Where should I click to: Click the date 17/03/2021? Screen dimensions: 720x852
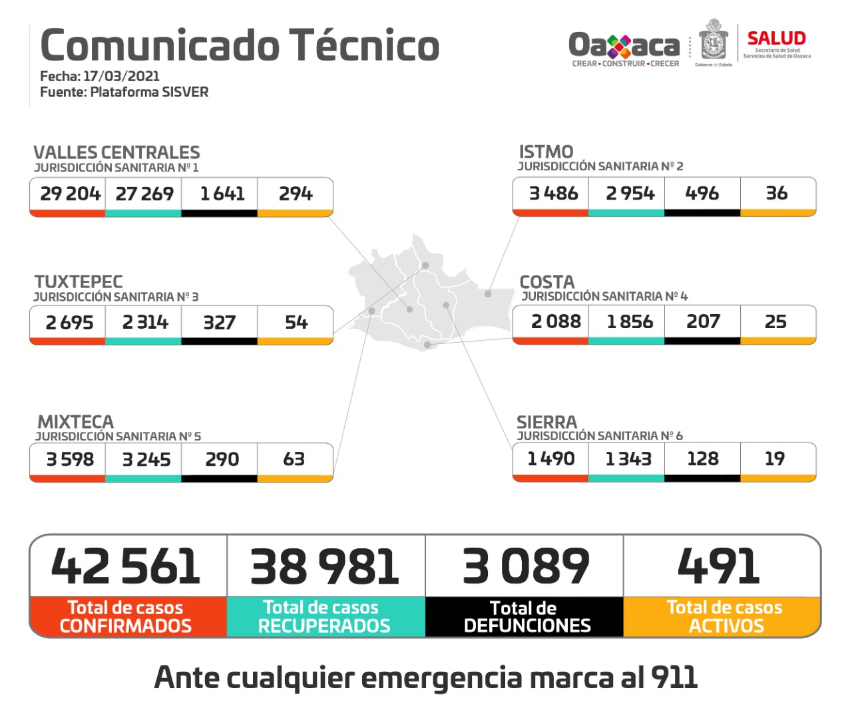[x=121, y=77]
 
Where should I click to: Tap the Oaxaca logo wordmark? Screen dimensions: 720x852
[x=624, y=45]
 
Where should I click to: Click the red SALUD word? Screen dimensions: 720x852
[x=776, y=39]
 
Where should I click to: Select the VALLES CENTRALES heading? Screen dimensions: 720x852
[x=116, y=152]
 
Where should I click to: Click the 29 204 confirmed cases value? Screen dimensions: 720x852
[x=70, y=194]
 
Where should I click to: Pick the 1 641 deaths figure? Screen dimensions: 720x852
[x=222, y=194]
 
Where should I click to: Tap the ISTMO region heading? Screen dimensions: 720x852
[x=546, y=152]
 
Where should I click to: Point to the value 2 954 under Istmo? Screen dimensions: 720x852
[x=630, y=193]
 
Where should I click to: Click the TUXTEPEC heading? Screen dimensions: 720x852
[x=79, y=281]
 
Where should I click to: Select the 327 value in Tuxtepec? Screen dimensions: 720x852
[x=219, y=323]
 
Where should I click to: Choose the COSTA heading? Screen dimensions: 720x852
[x=546, y=282]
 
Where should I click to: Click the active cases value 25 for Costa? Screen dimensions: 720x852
[x=775, y=321]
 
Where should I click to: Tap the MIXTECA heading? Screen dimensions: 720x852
[x=75, y=422]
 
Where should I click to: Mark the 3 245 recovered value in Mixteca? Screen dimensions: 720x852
[x=146, y=459]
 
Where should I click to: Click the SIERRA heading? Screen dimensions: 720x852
[x=546, y=422]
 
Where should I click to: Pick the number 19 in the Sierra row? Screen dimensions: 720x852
[x=774, y=458]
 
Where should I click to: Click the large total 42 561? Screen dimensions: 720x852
[x=126, y=566]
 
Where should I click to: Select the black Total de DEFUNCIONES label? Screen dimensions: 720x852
[x=526, y=617]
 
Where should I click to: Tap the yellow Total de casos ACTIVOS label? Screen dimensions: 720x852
[x=724, y=617]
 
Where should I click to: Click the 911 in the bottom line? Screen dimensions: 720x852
[x=674, y=677]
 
